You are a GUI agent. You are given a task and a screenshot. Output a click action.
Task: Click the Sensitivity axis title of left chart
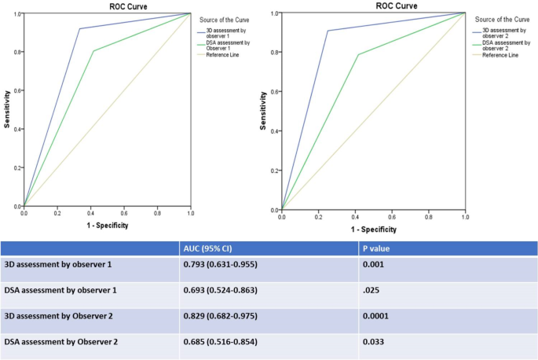pyautogui.click(x=6, y=110)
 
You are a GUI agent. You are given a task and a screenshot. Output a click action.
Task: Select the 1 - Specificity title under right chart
pyautogui.click(x=373, y=229)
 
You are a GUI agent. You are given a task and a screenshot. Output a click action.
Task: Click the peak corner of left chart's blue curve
pyautogui.click(x=79, y=29)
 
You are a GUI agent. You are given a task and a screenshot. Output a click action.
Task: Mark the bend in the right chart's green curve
pyautogui.click(x=358, y=54)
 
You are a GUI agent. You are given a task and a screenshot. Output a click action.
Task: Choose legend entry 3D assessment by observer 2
pyautogui.click(x=500, y=35)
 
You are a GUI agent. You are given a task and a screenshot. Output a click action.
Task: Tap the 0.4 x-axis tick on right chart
pyautogui.click(x=355, y=216)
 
